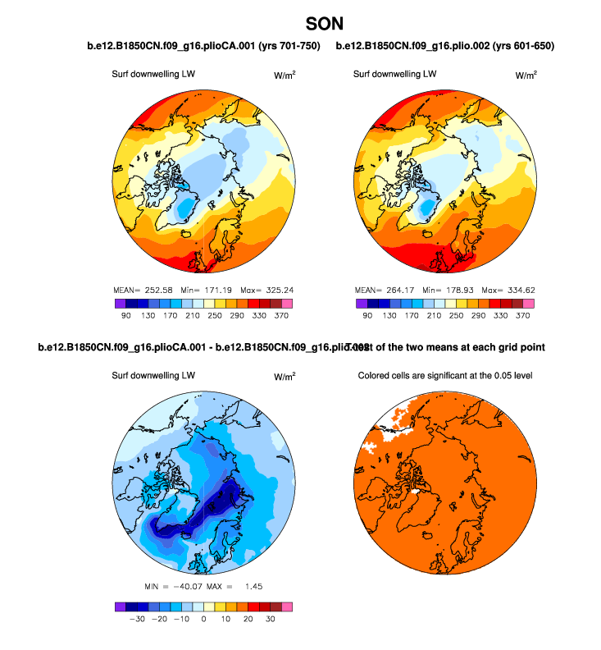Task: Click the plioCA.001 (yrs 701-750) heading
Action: [x=203, y=46]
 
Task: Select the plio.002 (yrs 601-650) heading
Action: [x=445, y=46]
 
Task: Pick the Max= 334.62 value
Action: [x=508, y=290]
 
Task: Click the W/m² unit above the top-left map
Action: [x=285, y=75]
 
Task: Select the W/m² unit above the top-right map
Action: [x=526, y=75]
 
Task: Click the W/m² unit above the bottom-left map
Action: [x=285, y=376]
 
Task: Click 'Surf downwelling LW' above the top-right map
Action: [x=394, y=74]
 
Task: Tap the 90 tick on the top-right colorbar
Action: [x=369, y=315]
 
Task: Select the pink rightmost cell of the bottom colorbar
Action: [x=286, y=606]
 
